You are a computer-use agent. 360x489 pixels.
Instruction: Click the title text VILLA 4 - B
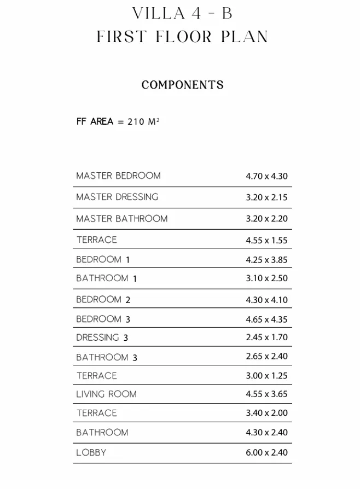pyautogui.click(x=182, y=14)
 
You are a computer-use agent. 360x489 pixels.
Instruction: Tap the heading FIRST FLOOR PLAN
pyautogui.click(x=182, y=37)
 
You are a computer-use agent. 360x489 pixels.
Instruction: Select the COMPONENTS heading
pyautogui.click(x=182, y=85)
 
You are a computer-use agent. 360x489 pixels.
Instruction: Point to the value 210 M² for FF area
pyautogui.click(x=143, y=121)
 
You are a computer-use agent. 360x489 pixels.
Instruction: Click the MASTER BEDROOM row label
pyautogui.click(x=118, y=176)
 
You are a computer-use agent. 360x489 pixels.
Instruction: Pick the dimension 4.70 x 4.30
pyautogui.click(x=266, y=177)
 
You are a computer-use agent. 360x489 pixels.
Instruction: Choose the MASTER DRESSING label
pyautogui.click(x=117, y=197)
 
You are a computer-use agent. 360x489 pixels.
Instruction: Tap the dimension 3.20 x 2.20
pyautogui.click(x=266, y=219)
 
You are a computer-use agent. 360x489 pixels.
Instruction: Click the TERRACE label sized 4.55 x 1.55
pyautogui.click(x=96, y=240)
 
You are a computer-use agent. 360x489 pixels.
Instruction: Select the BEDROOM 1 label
pyautogui.click(x=103, y=260)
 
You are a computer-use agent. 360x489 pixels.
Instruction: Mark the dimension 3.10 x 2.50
pyautogui.click(x=266, y=278)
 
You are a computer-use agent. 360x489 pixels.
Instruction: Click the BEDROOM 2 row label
pyautogui.click(x=103, y=300)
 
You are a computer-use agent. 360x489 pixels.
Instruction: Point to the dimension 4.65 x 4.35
pyautogui.click(x=266, y=319)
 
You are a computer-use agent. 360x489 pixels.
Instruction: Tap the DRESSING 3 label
pyautogui.click(x=102, y=338)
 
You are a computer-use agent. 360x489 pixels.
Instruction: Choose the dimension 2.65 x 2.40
pyautogui.click(x=266, y=357)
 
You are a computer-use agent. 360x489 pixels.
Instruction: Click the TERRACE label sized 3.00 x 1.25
pyautogui.click(x=96, y=376)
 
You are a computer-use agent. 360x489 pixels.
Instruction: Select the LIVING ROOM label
pyautogui.click(x=106, y=394)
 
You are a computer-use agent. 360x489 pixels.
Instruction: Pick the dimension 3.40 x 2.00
pyautogui.click(x=266, y=413)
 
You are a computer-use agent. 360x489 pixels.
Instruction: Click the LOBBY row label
pyautogui.click(x=91, y=453)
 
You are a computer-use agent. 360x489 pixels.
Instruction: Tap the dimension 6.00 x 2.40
pyautogui.click(x=266, y=453)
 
